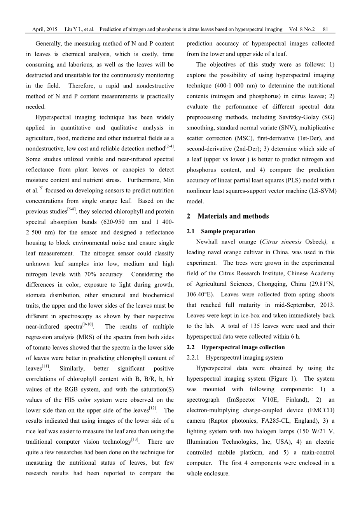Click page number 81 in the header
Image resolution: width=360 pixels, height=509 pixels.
pyautogui.click(x=325, y=30)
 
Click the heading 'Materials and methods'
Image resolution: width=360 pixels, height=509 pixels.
pyautogui.click(x=233, y=216)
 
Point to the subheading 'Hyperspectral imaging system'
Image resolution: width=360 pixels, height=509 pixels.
pyautogui.click(x=244, y=358)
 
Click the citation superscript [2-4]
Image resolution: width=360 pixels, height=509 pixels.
pyautogui.click(x=169, y=147)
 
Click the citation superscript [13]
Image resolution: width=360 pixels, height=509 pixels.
pyautogui.click(x=135, y=439)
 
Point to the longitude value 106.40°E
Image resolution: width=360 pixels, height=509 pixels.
pyautogui.click(x=200, y=284)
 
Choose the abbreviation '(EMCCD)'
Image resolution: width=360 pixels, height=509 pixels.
pyautogui.click(x=321, y=410)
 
